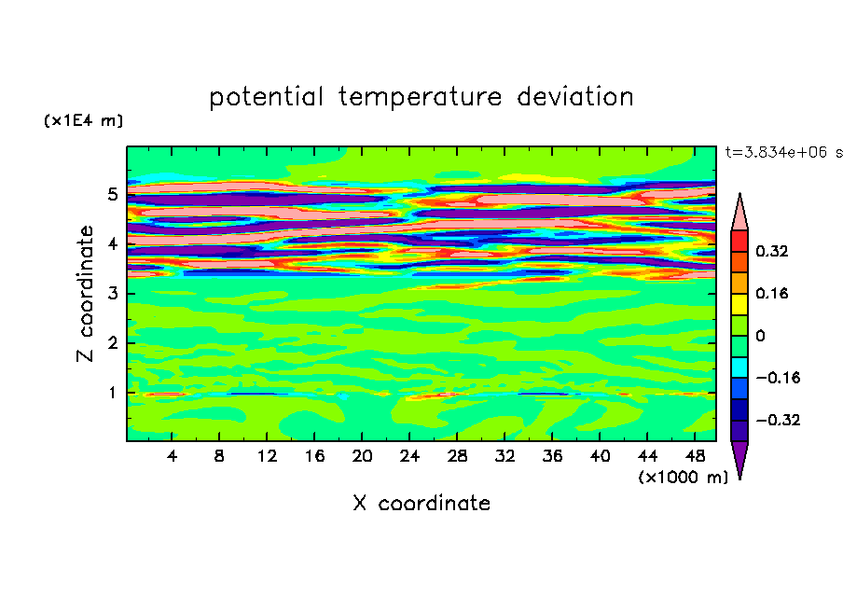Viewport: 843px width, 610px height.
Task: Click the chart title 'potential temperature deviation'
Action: [421, 97]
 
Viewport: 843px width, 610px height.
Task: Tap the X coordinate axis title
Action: [421, 504]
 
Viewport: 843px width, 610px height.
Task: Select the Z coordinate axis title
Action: [86, 294]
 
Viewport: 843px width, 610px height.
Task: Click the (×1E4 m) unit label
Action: [83, 120]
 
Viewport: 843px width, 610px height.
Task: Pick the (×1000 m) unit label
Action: [683, 478]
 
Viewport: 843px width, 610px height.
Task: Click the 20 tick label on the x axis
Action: [362, 457]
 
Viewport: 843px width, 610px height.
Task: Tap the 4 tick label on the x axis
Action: [172, 457]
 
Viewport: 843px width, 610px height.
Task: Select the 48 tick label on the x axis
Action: [695, 457]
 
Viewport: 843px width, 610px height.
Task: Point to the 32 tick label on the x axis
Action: [504, 457]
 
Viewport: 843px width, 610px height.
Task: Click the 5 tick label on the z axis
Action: [112, 194]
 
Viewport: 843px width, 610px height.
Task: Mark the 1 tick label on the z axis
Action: [112, 394]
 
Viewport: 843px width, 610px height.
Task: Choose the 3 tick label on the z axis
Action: [112, 294]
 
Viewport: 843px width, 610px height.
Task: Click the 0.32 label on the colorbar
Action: [771, 251]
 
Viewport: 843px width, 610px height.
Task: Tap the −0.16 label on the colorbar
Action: [778, 378]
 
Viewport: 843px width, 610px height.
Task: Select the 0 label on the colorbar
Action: [760, 336]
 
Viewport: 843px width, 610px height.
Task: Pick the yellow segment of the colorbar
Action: [739, 304]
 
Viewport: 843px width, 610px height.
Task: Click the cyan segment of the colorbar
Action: [739, 367]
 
